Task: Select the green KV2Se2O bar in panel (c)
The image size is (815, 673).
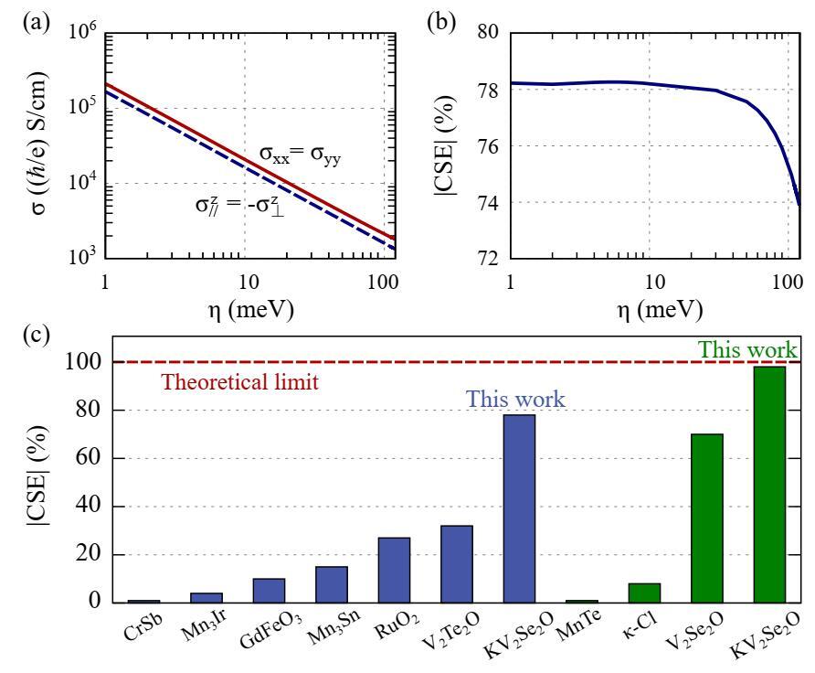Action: (777, 484)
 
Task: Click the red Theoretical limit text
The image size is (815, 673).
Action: (239, 383)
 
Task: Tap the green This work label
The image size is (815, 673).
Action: (746, 349)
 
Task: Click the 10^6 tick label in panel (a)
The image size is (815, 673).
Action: (79, 35)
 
